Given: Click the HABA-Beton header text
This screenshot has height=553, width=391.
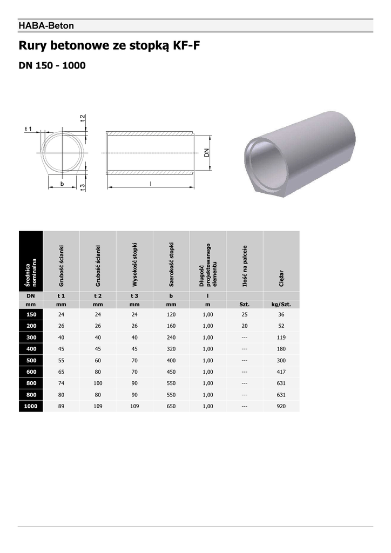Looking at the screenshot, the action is (46, 26).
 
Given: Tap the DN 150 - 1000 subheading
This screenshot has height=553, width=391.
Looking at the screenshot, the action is (52, 65).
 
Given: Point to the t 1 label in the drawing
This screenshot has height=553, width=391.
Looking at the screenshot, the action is (28, 129).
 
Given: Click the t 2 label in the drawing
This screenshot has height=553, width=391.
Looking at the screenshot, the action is (83, 118).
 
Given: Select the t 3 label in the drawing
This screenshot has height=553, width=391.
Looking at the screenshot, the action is (83, 187).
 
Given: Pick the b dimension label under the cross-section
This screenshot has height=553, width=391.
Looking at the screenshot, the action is (62, 184).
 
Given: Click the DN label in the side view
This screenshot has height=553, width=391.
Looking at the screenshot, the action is (207, 153).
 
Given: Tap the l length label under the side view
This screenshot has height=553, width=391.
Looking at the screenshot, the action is (151, 184).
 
